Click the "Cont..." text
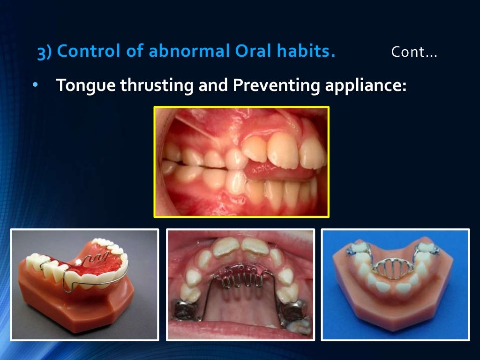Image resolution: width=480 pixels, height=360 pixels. point(414,52)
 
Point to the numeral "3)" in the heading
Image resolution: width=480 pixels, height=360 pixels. point(45,52)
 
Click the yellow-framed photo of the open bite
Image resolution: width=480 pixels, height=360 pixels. point(241,162)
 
